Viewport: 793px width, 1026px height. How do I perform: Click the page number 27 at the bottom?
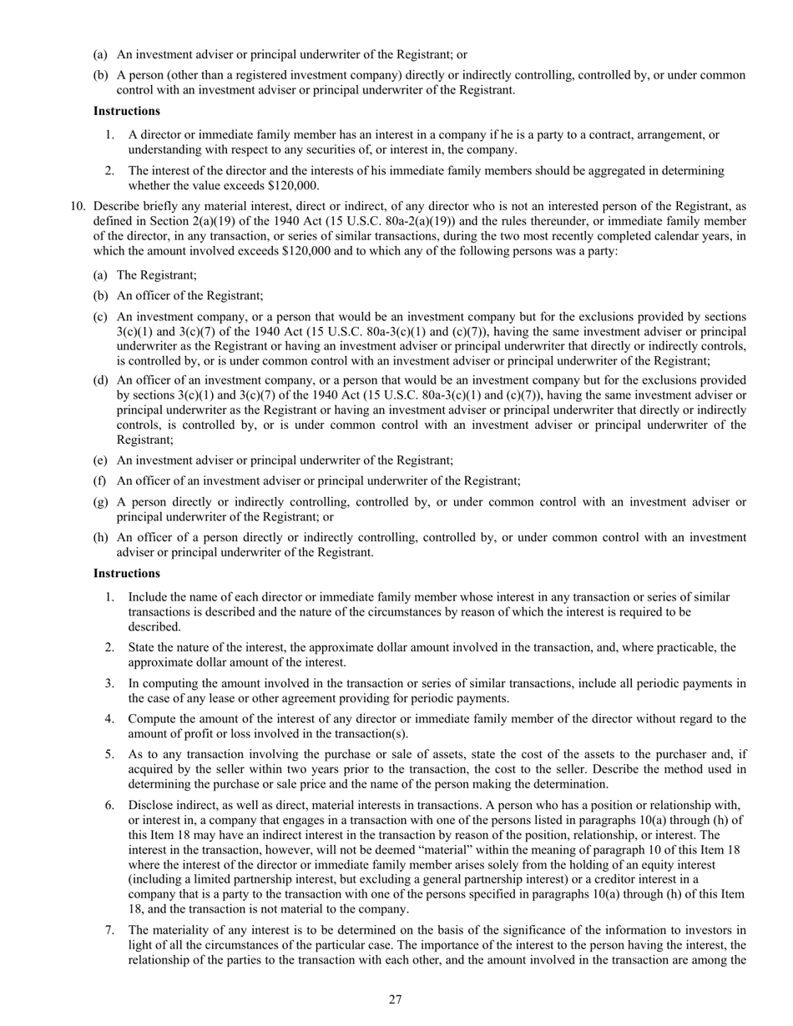pos(396,1000)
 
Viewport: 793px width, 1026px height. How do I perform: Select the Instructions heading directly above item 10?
pos(126,111)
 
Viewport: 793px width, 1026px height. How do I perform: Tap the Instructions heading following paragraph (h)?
pos(126,574)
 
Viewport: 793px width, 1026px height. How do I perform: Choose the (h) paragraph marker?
pos(101,538)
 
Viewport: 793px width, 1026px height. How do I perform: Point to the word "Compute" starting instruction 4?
pos(152,719)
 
